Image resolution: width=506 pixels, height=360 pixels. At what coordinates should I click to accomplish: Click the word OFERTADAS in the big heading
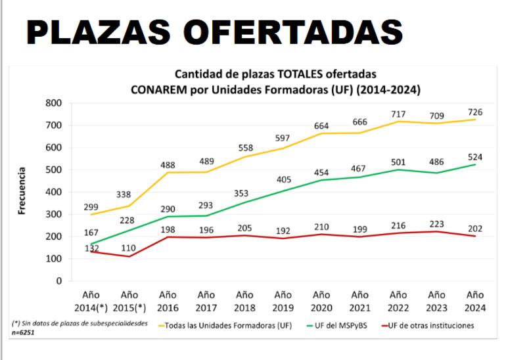click(293, 32)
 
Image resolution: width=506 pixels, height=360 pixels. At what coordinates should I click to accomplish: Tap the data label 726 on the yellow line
click(475, 112)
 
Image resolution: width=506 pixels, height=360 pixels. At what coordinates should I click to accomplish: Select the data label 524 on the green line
click(475, 157)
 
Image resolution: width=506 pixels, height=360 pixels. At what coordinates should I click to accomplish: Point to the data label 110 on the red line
click(129, 248)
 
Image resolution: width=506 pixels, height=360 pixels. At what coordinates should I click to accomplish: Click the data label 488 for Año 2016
click(168, 165)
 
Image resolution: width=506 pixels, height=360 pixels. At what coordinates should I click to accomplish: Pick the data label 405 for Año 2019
click(283, 179)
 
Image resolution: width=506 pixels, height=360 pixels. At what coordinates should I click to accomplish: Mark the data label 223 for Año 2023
click(437, 224)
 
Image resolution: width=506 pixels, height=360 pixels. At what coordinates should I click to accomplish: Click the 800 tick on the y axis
click(54, 103)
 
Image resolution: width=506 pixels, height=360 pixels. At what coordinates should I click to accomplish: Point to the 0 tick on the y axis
click(58, 281)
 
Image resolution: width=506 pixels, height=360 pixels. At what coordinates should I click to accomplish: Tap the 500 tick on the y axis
click(54, 169)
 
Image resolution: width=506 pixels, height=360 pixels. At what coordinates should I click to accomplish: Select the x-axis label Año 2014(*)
click(91, 301)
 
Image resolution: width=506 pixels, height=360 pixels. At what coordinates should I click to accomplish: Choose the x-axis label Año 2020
click(322, 301)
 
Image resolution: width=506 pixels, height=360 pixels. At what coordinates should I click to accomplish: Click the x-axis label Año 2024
click(475, 301)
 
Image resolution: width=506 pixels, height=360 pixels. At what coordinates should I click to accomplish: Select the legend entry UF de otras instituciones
click(431, 325)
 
